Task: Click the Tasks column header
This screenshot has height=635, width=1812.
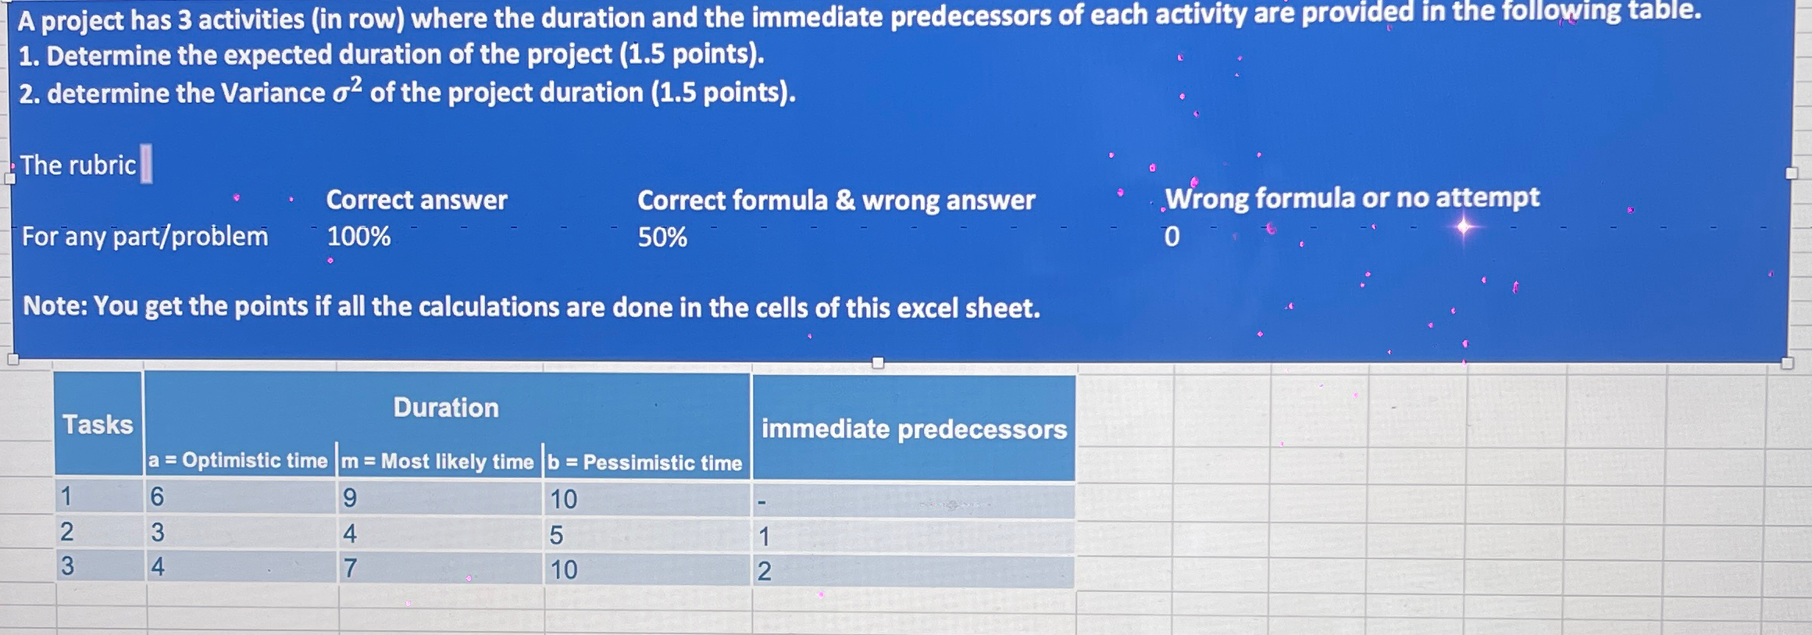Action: [x=98, y=424]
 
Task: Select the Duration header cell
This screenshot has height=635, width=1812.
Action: [x=446, y=407]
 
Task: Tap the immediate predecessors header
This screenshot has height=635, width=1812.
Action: [x=914, y=429]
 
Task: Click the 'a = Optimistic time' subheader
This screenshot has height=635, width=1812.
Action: [x=238, y=461]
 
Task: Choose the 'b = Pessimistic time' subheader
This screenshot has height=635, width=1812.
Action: [x=645, y=462]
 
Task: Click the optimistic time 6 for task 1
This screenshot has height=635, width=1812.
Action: [x=158, y=497]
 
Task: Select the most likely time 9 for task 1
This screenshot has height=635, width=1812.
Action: [x=350, y=498]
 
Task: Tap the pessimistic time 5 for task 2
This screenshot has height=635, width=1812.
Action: [x=556, y=535]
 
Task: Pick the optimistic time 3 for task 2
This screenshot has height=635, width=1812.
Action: [x=158, y=532]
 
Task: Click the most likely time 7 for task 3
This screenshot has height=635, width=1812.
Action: [x=350, y=568]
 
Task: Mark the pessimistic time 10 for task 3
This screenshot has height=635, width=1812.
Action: [x=564, y=569]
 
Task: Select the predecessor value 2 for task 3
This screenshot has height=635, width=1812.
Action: [x=764, y=571]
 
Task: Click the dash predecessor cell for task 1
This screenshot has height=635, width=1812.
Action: [x=763, y=501]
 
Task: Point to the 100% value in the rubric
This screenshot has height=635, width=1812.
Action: [x=358, y=236]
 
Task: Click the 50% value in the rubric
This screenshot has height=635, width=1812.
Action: [x=662, y=237]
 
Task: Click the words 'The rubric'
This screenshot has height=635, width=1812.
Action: [x=78, y=165]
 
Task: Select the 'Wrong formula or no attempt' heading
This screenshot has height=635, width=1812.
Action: [x=1352, y=198]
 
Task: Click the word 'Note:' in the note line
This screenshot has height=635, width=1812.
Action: [x=55, y=306]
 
